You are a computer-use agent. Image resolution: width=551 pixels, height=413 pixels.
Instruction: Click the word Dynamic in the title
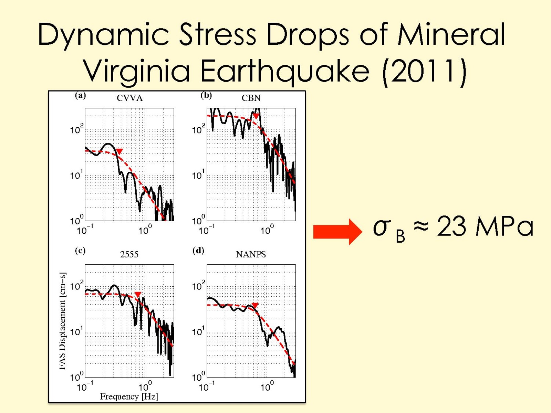[x=103, y=34]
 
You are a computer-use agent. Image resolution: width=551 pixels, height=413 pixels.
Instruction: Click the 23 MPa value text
[x=485, y=227]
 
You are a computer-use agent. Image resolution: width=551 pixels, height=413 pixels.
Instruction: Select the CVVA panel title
[x=129, y=98]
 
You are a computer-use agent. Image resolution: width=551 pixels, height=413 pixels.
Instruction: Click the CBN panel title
[x=251, y=98]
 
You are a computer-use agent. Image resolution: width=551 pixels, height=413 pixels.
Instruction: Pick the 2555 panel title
[x=129, y=255]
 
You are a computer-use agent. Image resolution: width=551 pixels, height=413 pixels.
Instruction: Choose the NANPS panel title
[x=251, y=255]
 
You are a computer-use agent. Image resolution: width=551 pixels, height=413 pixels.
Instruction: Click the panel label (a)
[x=80, y=95]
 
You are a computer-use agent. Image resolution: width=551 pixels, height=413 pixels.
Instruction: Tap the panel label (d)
[x=198, y=251]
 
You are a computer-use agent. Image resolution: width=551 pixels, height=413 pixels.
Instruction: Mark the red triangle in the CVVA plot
[x=119, y=151]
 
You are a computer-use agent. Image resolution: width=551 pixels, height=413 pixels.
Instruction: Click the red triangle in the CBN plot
[x=256, y=116]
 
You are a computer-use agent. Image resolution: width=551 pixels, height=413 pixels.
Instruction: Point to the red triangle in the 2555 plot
[x=138, y=294]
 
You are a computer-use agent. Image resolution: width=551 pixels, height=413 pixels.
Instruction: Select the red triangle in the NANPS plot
[x=255, y=306]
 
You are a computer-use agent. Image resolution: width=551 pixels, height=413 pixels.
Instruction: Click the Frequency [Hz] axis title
[x=129, y=397]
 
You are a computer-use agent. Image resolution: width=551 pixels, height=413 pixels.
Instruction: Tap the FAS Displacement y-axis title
[x=63, y=321]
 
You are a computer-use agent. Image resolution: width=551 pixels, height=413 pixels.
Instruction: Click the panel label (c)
[x=80, y=251]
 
